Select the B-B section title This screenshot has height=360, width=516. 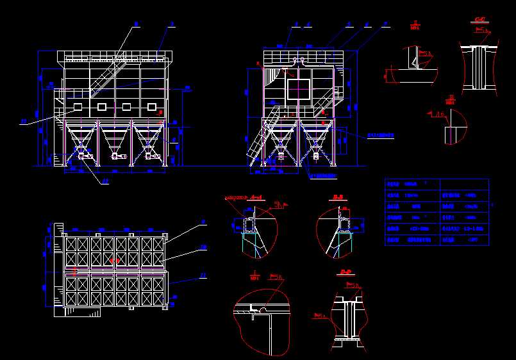337,197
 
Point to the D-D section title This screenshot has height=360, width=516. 347,272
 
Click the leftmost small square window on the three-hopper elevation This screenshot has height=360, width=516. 78,106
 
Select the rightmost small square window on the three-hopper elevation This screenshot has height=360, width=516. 152,106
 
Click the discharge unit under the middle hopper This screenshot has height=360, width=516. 115,155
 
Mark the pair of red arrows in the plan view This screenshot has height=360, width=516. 113,261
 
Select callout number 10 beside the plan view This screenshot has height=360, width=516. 203,247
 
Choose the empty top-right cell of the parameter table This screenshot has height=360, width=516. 465,184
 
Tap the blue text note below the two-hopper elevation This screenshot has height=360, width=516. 323,175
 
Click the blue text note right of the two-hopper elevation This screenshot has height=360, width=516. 380,136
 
